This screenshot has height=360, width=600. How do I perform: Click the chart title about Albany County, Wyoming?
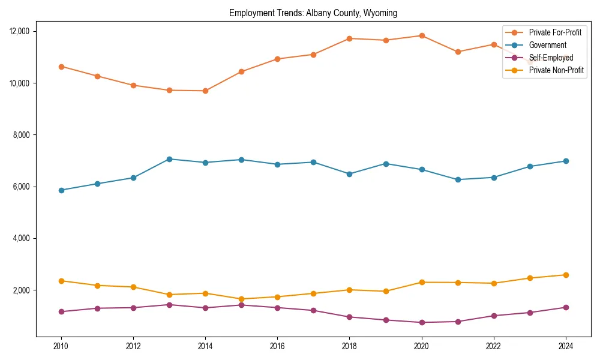coord(313,13)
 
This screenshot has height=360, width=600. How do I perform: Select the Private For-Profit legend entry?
coord(555,32)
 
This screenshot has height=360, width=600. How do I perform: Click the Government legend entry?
coord(547,45)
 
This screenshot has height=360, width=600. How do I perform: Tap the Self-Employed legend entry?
coord(551,58)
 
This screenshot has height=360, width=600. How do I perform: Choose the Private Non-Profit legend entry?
coord(556,70)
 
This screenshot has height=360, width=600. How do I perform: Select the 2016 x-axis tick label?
coord(277,346)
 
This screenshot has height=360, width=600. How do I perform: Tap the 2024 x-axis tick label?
coord(565,346)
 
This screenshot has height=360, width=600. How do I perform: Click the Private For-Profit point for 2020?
coord(422,35)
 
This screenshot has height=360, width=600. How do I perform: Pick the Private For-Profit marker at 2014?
coord(205,91)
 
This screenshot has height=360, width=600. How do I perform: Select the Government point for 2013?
coord(169,159)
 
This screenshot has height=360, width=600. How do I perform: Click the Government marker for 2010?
coord(61,190)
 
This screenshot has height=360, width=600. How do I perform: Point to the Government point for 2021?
coord(458,179)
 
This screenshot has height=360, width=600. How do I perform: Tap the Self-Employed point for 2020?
coord(422,322)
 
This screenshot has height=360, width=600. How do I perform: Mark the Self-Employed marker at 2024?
coord(566,307)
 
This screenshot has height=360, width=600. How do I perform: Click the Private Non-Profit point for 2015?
coord(241,299)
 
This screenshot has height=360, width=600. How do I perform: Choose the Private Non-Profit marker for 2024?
coord(566,275)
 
